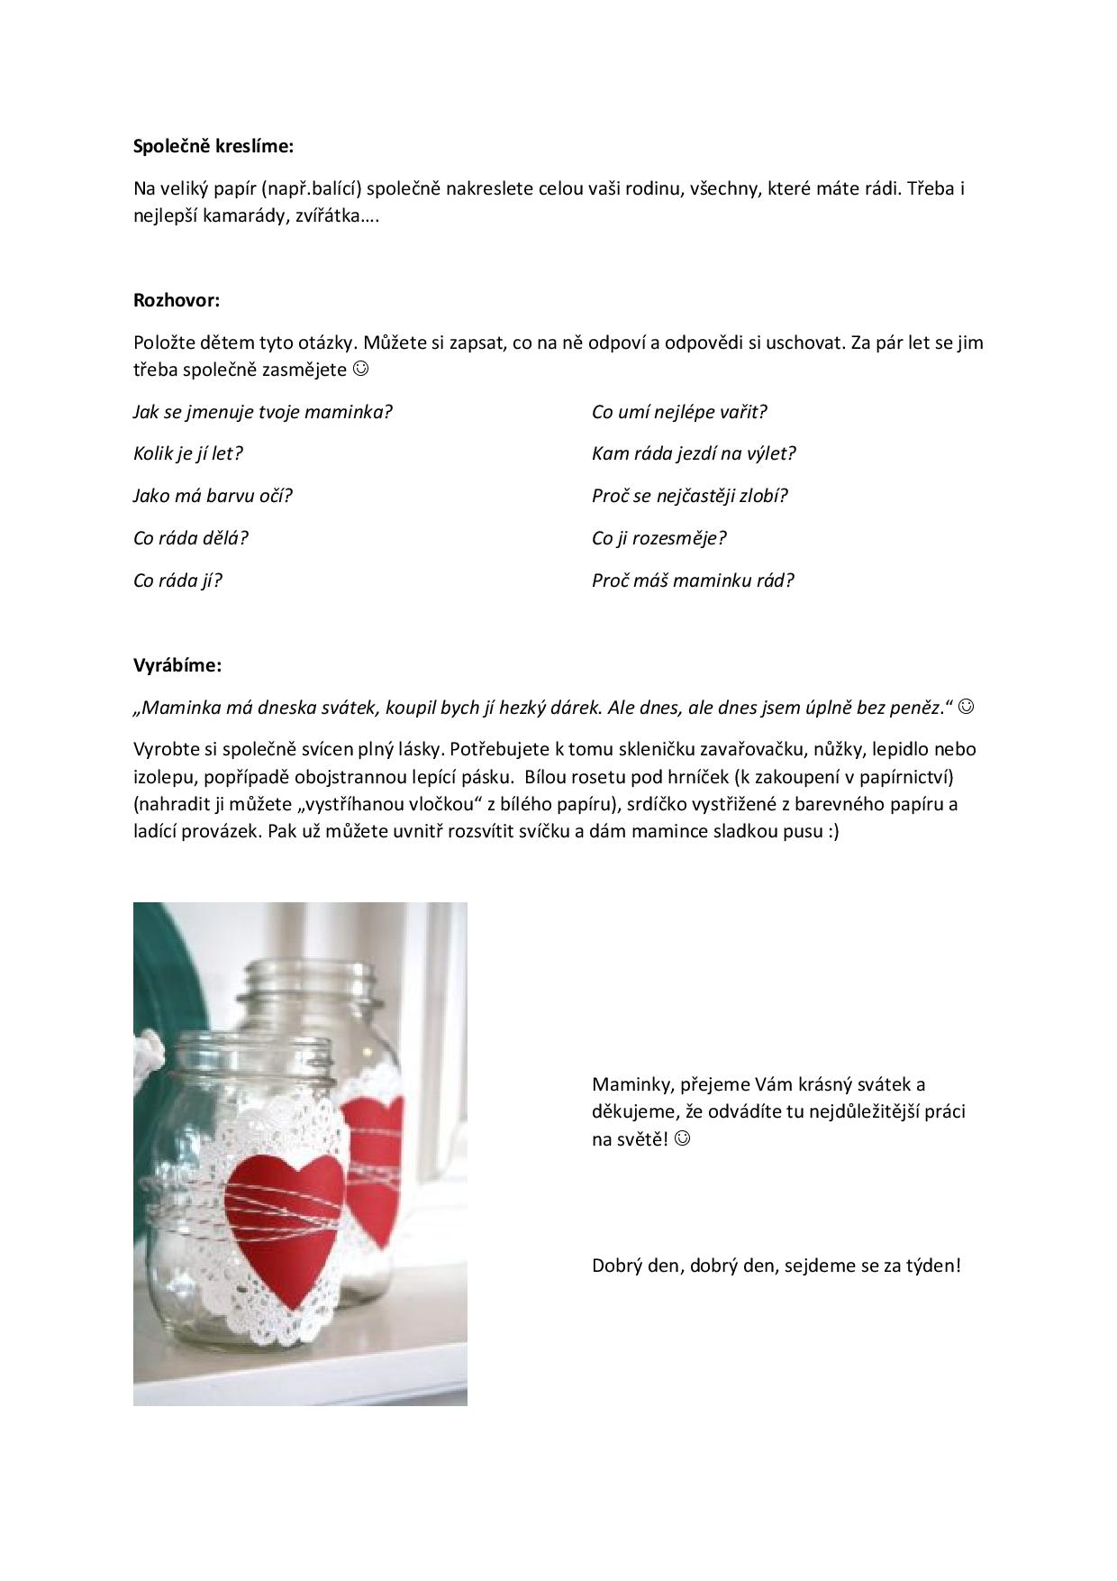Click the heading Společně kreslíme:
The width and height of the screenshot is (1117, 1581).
tap(213, 146)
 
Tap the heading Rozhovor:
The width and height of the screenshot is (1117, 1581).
tap(177, 300)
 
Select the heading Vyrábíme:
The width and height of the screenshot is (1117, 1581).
tap(177, 665)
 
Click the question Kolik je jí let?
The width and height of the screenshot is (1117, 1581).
tap(188, 453)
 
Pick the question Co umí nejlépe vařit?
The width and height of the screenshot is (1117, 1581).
tap(679, 412)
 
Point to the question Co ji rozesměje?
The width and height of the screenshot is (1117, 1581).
tap(658, 538)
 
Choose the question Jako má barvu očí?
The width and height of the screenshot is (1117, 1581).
tap(213, 496)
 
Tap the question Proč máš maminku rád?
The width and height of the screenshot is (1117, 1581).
tap(693, 580)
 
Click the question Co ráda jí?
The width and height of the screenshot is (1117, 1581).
tap(177, 580)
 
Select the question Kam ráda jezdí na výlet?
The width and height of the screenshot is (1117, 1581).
tap(694, 453)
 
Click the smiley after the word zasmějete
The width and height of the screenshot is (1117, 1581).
tap(360, 370)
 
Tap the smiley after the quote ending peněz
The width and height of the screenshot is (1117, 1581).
tap(966, 708)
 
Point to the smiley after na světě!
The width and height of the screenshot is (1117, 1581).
tap(683, 1139)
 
